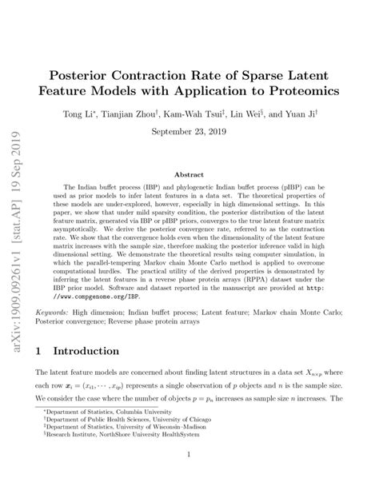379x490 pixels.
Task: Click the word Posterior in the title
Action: coord(102,73)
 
